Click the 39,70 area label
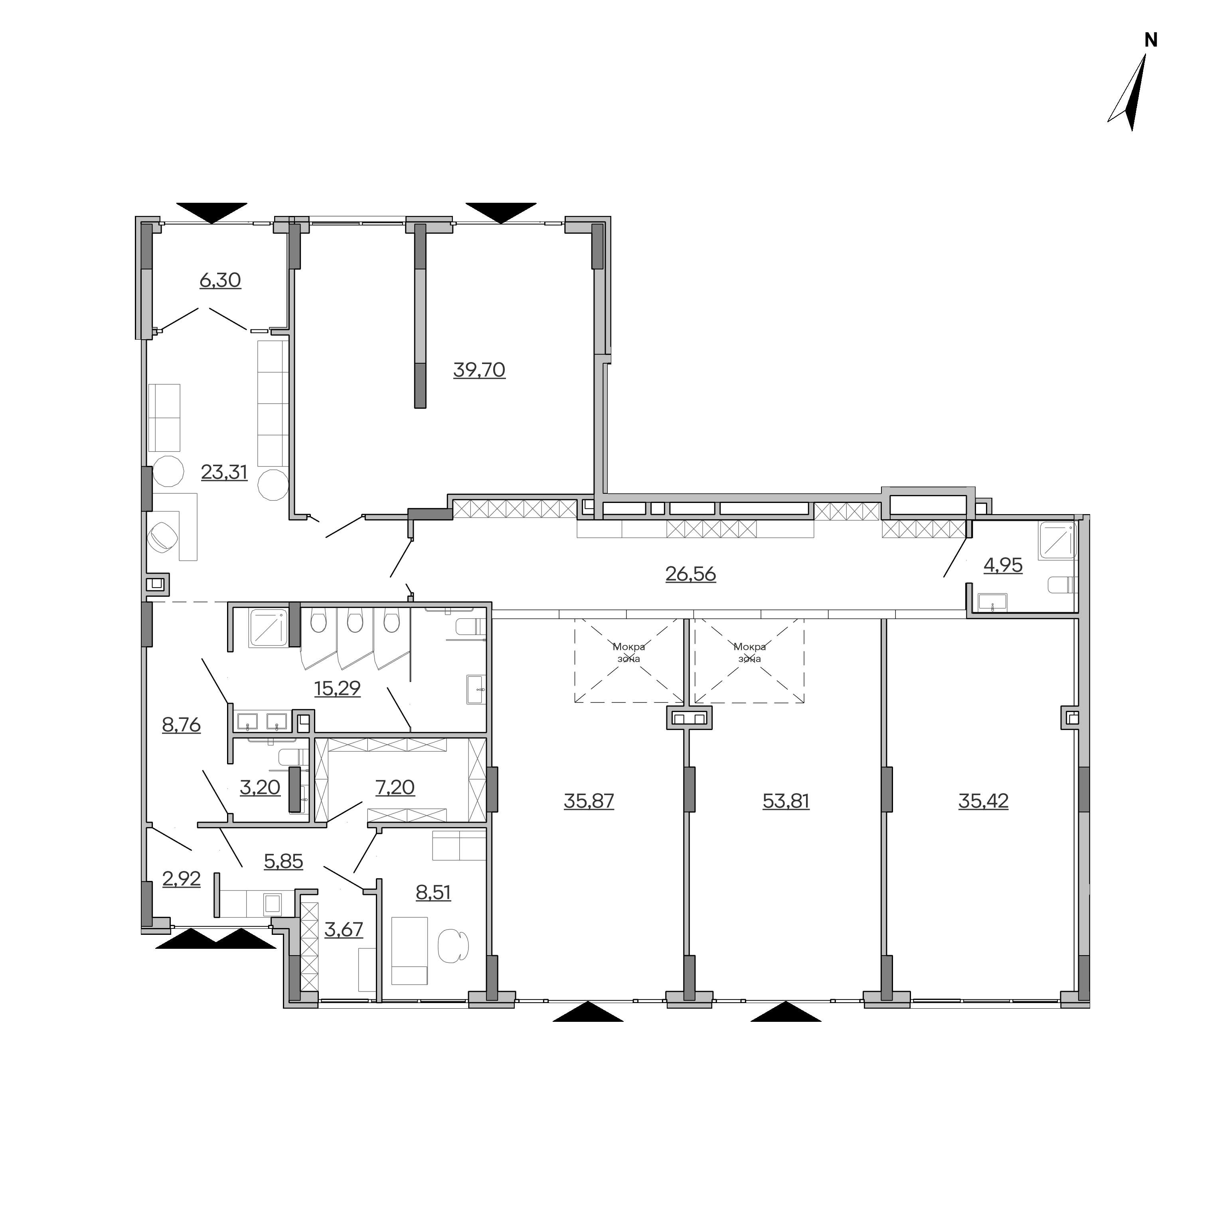479,370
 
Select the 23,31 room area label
225,473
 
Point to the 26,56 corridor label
690,574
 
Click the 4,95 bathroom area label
1003,565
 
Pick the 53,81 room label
786,801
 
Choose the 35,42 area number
984,801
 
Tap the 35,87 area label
589,801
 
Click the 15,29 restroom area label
337,688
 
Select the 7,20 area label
395,787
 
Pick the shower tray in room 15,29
269,627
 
